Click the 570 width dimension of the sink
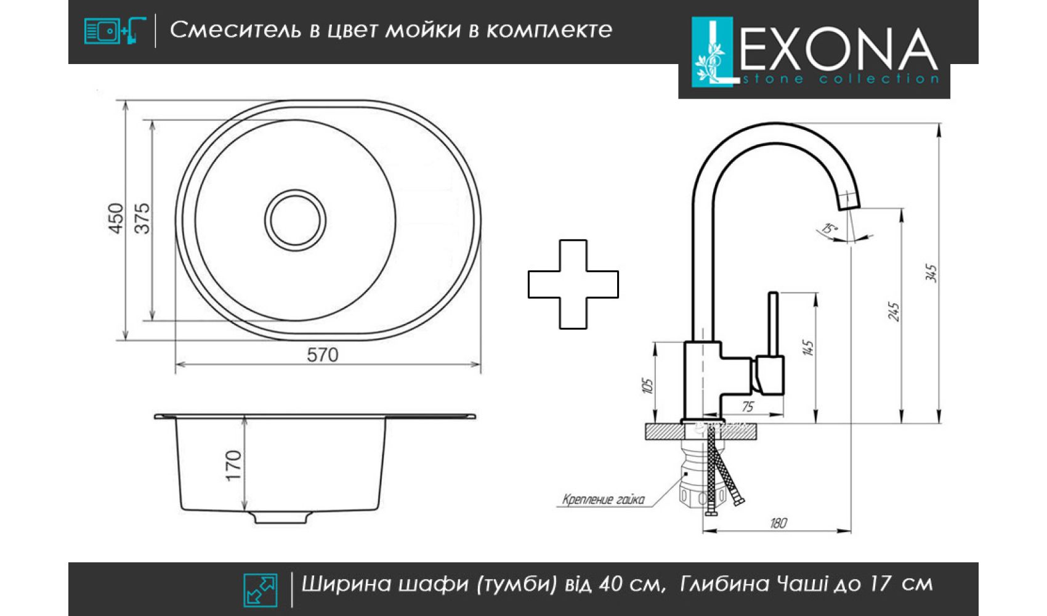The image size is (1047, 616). click(322, 355)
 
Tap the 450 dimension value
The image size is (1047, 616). click(116, 218)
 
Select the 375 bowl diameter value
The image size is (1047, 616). click(142, 218)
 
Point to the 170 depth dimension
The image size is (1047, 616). click(233, 465)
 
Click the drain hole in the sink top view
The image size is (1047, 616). click(296, 220)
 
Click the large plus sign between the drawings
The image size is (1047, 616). click(573, 284)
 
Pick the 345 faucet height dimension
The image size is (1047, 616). click(932, 274)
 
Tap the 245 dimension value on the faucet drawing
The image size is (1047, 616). click(893, 312)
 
